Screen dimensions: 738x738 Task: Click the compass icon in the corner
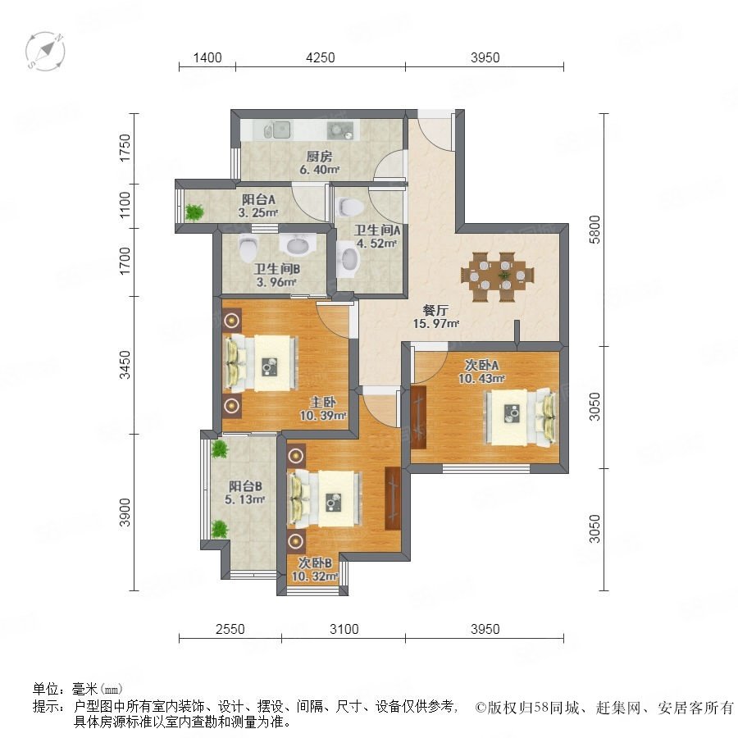(45, 52)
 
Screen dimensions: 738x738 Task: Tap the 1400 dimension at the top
(207, 57)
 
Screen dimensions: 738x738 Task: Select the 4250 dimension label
(320, 57)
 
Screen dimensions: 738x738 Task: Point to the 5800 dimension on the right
(595, 230)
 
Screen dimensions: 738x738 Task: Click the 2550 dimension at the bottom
(230, 629)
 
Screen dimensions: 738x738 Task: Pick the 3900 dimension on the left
(125, 512)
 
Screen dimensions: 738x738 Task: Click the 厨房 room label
(319, 157)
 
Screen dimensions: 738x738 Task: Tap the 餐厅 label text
(435, 310)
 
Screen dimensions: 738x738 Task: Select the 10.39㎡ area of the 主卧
(323, 416)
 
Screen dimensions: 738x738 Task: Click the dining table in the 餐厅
(498, 276)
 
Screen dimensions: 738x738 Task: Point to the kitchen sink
(277, 130)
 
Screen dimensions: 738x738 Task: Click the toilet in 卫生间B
(248, 248)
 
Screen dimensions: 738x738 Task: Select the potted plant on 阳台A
(194, 212)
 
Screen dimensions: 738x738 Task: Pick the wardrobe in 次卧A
(417, 417)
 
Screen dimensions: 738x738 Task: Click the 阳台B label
(245, 486)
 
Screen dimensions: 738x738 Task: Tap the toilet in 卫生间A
(350, 205)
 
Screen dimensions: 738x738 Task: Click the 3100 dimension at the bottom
(344, 629)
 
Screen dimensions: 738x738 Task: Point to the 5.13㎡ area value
(244, 499)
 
